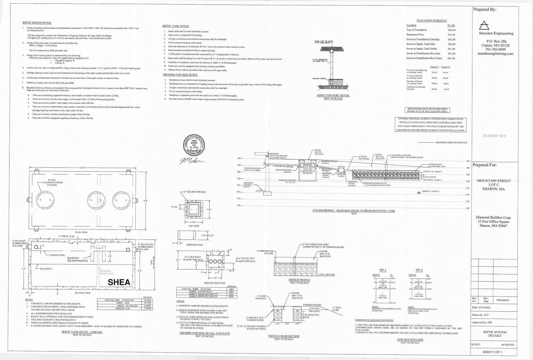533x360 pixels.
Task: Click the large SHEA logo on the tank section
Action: point(119,282)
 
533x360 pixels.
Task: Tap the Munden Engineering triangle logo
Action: point(484,25)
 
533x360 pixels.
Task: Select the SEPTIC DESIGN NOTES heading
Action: point(37,23)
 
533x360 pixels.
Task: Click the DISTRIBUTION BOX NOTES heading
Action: point(180,75)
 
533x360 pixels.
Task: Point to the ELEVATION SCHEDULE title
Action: point(432,21)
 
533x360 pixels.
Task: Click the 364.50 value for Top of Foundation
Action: point(451,30)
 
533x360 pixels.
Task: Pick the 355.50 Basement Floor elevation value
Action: point(451,35)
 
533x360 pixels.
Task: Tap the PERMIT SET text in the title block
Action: point(494,136)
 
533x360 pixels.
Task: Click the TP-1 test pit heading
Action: point(383,270)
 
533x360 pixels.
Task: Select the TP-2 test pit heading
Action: point(419,270)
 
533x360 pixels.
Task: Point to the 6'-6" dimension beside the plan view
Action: point(146,201)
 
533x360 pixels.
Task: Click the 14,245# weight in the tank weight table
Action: point(147,300)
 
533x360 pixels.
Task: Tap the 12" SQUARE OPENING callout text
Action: point(194,192)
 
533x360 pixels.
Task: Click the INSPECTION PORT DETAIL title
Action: point(333,96)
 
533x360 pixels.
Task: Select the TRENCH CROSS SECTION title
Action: point(284,336)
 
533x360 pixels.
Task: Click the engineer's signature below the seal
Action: point(191,161)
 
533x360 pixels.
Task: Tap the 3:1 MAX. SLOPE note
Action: point(337,309)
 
